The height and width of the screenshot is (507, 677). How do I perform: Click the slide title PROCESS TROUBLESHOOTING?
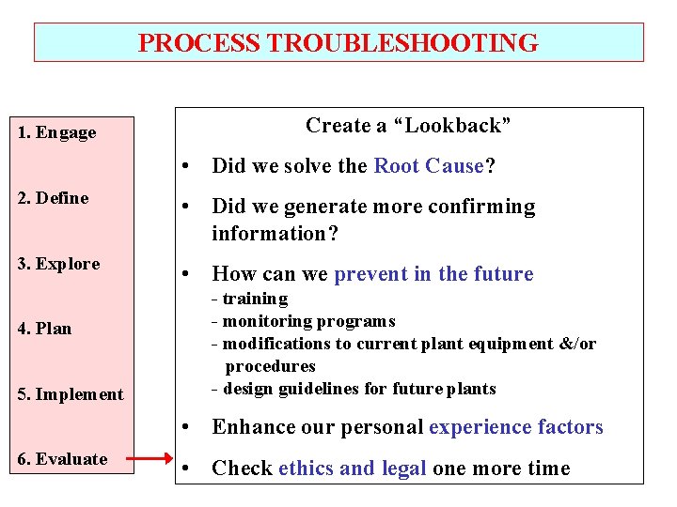[x=338, y=43]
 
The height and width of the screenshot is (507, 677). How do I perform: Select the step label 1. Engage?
[x=57, y=132]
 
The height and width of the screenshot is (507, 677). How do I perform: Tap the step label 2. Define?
[x=53, y=198]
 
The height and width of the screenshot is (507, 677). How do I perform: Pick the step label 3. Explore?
[x=58, y=264]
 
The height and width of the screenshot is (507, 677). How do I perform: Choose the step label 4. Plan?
[x=44, y=329]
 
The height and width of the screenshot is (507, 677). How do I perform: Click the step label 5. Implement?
[x=70, y=394]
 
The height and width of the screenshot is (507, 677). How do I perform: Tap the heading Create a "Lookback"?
[x=408, y=126]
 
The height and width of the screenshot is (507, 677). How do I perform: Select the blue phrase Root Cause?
[x=428, y=166]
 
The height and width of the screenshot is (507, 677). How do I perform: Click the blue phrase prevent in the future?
[x=433, y=274]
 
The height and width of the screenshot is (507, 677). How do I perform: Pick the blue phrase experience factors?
[x=515, y=427]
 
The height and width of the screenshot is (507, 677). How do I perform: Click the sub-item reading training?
[x=255, y=299]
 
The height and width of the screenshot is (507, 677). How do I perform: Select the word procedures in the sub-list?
[x=270, y=366]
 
